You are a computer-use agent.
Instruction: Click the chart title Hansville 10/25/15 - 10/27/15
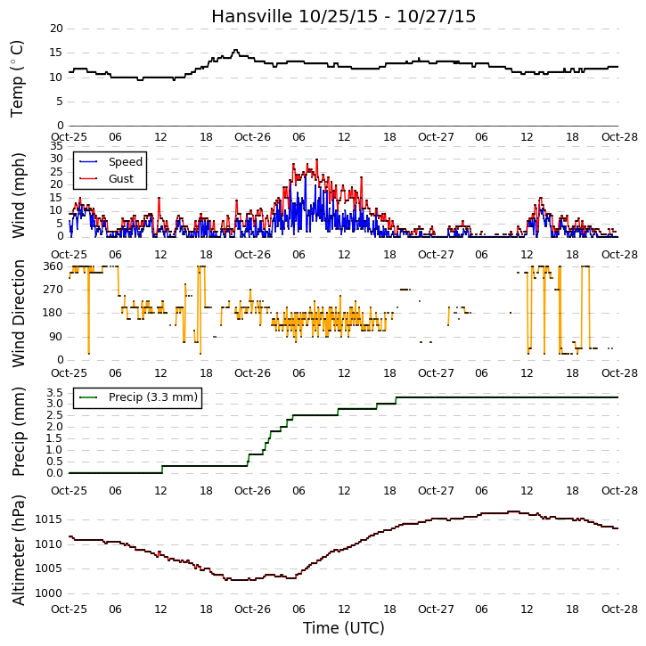(344, 16)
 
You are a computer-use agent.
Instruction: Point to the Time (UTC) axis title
(344, 628)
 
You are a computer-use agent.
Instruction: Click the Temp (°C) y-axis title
(17, 78)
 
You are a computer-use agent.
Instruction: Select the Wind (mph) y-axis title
(18, 195)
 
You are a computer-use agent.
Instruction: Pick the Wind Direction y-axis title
(18, 313)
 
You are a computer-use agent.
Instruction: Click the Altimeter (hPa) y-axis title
(18, 550)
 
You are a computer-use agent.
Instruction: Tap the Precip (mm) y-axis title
(18, 431)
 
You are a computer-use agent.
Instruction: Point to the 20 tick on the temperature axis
(56, 29)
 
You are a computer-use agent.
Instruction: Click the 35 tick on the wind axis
(56, 146)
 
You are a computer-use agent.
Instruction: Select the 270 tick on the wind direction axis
(53, 290)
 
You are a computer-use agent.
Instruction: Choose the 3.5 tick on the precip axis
(54, 392)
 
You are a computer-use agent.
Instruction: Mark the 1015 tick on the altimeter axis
(49, 519)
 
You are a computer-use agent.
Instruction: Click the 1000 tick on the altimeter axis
(49, 593)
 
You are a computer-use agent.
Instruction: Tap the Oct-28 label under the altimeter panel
(619, 609)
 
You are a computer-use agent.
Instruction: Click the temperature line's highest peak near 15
(235, 50)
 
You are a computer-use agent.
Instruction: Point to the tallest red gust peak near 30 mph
(317, 159)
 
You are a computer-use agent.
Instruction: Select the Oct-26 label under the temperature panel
(252, 137)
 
